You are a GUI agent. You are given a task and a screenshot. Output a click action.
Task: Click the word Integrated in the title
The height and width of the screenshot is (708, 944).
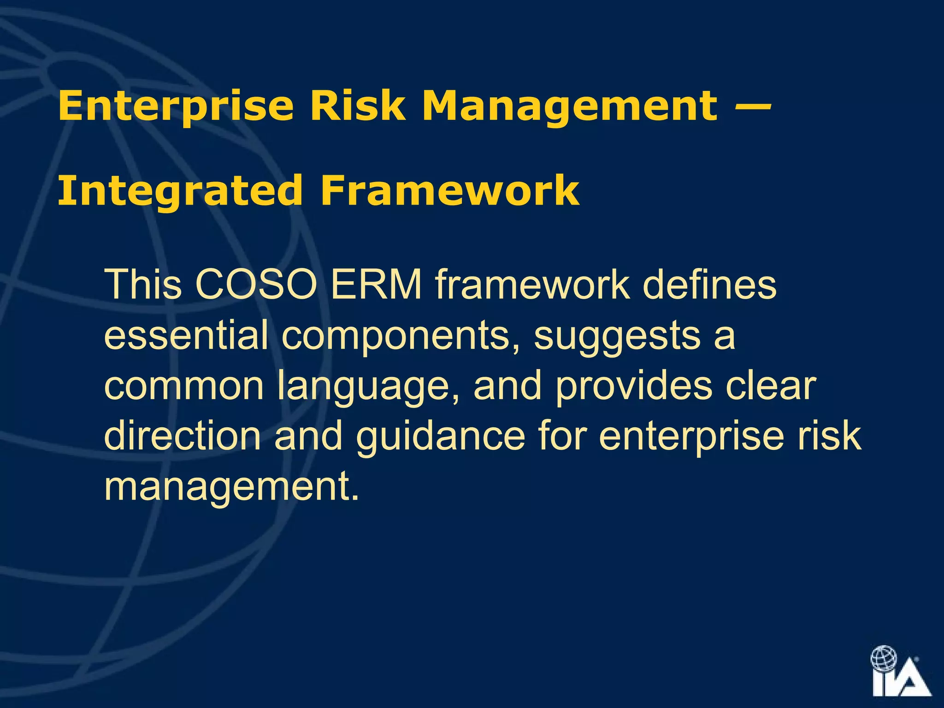(180, 191)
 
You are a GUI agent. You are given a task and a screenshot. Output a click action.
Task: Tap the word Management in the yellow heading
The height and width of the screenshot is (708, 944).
(570, 106)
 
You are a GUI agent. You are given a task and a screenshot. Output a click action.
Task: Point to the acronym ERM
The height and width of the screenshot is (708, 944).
(376, 284)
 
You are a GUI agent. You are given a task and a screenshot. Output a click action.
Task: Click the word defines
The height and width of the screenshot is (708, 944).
(709, 284)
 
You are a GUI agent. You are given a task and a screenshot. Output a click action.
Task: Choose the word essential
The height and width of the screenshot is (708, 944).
(186, 335)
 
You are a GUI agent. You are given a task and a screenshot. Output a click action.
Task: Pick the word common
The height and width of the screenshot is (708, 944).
(184, 386)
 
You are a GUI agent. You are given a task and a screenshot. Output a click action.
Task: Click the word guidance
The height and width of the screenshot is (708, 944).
(440, 437)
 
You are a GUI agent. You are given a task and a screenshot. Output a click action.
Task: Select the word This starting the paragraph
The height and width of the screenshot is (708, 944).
(143, 284)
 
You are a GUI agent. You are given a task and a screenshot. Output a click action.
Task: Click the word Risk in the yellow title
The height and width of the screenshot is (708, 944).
(357, 106)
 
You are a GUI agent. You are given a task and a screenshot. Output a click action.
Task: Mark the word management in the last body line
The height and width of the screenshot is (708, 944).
(231, 488)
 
